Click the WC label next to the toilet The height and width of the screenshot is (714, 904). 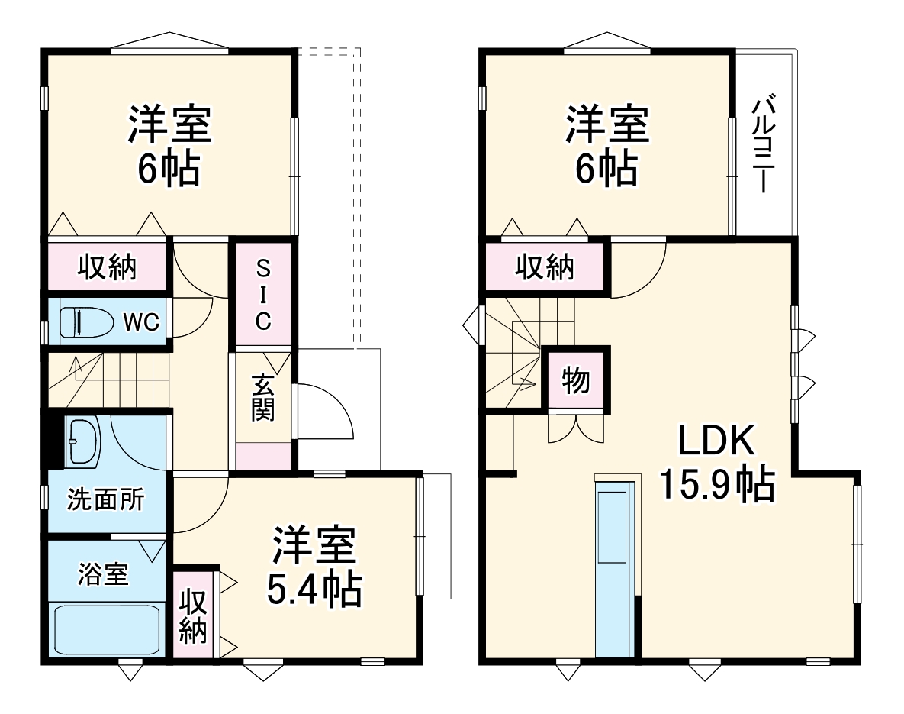tap(142, 322)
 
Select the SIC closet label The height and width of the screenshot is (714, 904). tap(262, 295)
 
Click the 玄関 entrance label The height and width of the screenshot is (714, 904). tap(262, 397)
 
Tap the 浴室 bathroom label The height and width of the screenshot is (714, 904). tap(103, 573)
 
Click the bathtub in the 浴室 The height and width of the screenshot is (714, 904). tap(106, 628)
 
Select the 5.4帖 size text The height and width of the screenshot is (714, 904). tap(314, 589)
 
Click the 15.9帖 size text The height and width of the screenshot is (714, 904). tap(716, 483)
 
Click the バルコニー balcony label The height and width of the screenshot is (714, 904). tap(765, 144)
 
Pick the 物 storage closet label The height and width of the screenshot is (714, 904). tap(576, 380)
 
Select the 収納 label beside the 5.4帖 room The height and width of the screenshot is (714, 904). tap(194, 616)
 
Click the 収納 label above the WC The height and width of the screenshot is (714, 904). tap(107, 267)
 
